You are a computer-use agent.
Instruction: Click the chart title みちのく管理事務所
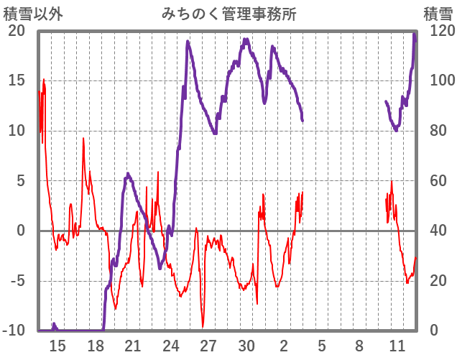pyautogui.click(x=229, y=14)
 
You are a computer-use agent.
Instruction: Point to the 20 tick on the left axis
pyautogui.click(x=17, y=31)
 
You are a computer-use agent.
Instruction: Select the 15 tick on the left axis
pyautogui.click(x=17, y=80)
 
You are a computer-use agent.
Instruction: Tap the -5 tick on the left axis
pyautogui.click(x=17, y=281)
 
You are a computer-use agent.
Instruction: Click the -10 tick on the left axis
pyautogui.click(x=14, y=331)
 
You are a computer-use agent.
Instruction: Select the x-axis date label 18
pyautogui.click(x=96, y=346)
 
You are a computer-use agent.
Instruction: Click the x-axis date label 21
pyautogui.click(x=133, y=346)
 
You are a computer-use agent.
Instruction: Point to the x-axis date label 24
pyautogui.click(x=171, y=346)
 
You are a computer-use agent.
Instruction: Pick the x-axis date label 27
pyautogui.click(x=208, y=346)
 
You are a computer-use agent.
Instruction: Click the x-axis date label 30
pyautogui.click(x=246, y=346)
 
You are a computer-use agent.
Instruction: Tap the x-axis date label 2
pyautogui.click(x=284, y=346)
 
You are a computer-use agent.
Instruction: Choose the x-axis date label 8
pyautogui.click(x=359, y=346)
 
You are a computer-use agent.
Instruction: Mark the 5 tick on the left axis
pyautogui.click(x=20, y=180)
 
